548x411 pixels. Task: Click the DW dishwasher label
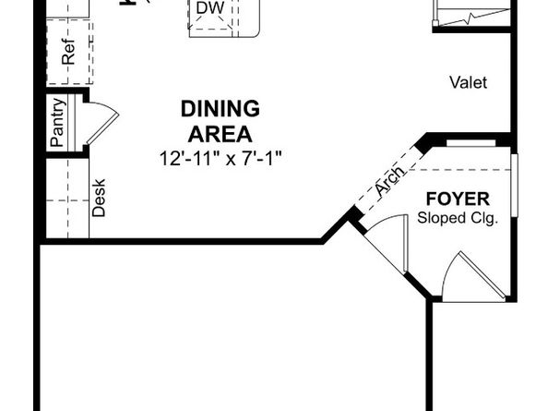[x=208, y=7]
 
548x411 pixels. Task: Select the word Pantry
[x=57, y=123]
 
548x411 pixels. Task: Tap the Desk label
[x=100, y=197]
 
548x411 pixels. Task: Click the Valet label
[x=468, y=83]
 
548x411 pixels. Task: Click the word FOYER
[x=458, y=199]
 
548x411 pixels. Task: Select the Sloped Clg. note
[x=458, y=219]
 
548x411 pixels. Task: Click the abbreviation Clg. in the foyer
[x=482, y=219]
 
